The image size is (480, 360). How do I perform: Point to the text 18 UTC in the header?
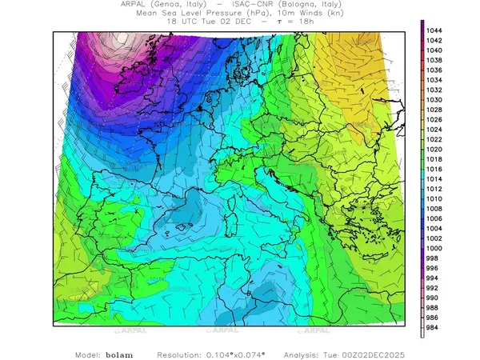[x=178, y=22]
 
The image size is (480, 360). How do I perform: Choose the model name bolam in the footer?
[x=121, y=354]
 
